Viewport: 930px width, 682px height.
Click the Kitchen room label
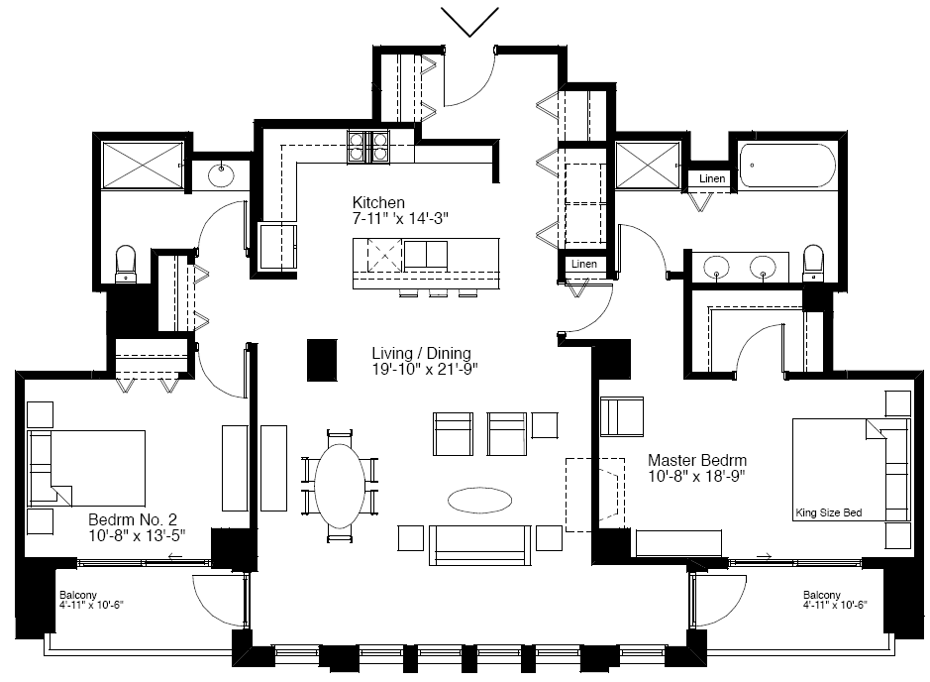coord(378,202)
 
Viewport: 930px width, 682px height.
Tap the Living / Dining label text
coord(421,353)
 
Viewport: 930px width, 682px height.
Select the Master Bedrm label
coord(697,460)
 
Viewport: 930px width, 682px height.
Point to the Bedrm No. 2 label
coord(133,519)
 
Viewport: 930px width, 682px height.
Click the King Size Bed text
coord(829,512)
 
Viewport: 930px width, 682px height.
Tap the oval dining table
coord(340,486)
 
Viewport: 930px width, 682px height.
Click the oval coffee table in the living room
coord(479,501)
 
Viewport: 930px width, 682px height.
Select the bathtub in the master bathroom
coord(787,167)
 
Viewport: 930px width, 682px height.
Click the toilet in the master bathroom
coord(812,263)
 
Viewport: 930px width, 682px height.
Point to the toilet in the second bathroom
coord(125,264)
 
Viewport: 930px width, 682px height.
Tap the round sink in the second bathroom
coord(221,174)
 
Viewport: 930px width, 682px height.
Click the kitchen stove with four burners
coord(367,147)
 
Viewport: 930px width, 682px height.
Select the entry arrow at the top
coord(469,22)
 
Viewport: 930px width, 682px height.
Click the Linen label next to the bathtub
coord(712,178)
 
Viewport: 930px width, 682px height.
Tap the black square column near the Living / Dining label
coord(322,360)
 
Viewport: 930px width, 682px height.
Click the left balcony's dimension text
coord(91,606)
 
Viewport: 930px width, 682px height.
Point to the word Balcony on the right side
coord(821,595)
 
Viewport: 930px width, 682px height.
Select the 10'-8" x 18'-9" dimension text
coord(696,476)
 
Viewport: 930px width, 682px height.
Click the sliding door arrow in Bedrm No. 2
coord(175,557)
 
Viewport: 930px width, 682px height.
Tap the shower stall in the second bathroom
coord(143,165)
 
